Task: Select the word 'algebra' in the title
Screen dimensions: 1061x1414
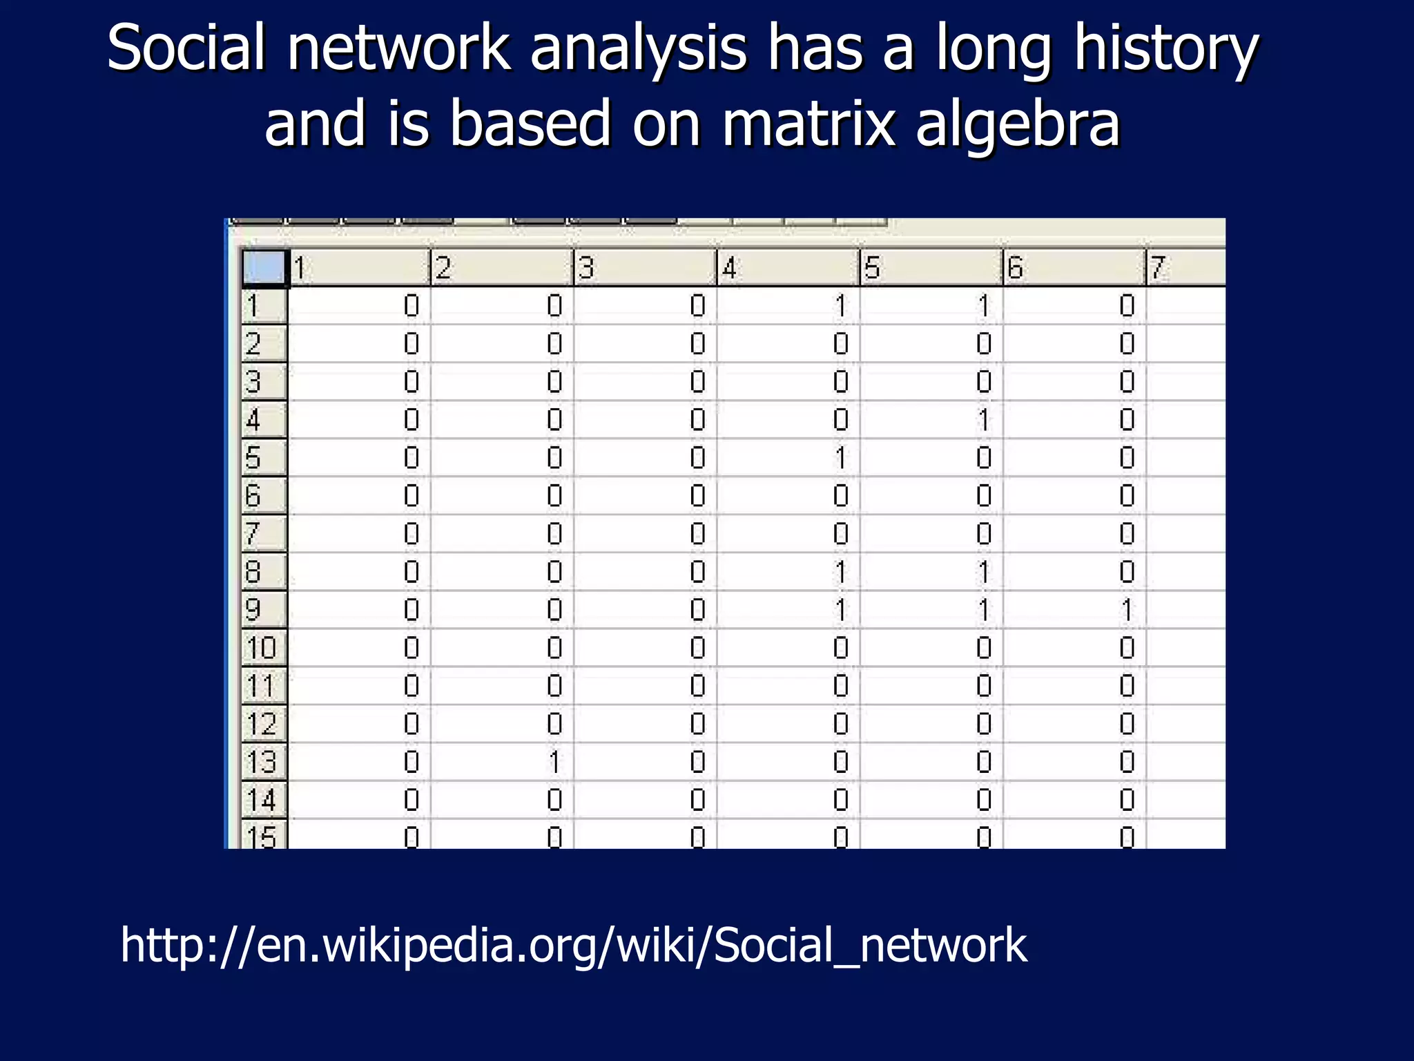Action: (1017, 124)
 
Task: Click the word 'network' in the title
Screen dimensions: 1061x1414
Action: (398, 50)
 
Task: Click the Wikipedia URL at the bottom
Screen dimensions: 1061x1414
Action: (573, 945)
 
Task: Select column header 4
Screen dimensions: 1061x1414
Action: (787, 268)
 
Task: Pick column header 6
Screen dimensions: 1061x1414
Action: (1073, 268)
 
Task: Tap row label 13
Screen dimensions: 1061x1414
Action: (262, 763)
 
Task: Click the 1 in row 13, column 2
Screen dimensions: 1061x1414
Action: (554, 763)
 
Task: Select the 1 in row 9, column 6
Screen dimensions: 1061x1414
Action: (1127, 610)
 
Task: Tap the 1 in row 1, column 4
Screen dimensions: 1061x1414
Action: (841, 306)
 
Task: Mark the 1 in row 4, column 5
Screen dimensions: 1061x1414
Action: (984, 420)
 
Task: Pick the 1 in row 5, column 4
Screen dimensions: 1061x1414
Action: (841, 458)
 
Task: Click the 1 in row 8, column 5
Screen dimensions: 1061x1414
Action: (984, 572)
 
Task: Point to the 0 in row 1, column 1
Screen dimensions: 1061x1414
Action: (411, 306)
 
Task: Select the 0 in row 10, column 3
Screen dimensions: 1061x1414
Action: (698, 648)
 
